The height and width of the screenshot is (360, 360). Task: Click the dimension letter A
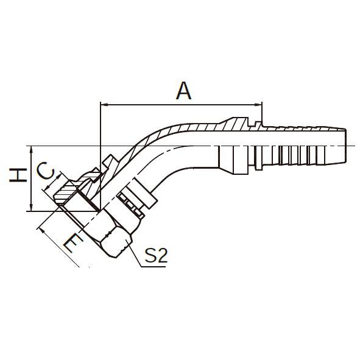click(x=184, y=91)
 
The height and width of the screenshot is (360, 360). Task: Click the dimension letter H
click(x=18, y=175)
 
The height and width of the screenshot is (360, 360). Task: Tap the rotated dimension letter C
click(x=46, y=171)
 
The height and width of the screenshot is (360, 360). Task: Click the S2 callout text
click(x=156, y=255)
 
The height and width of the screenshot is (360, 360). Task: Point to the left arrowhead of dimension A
click(x=104, y=105)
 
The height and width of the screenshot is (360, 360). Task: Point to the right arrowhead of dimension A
click(x=258, y=105)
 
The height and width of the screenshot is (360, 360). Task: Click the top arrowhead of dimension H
click(x=32, y=150)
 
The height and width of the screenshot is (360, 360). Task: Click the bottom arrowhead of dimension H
click(x=32, y=207)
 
